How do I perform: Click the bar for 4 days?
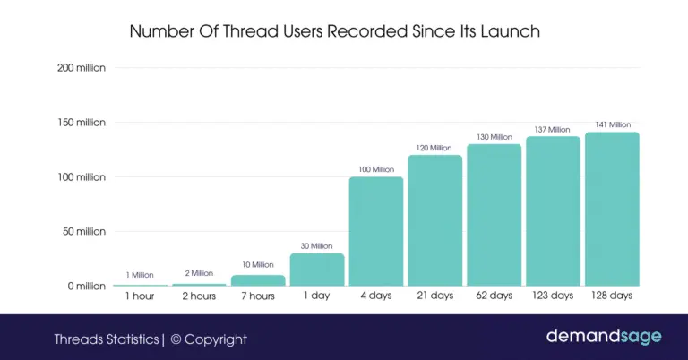pos(375,231)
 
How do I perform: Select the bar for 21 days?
pos(434,220)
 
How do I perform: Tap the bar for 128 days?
pos(612,209)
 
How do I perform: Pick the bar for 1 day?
pos(316,270)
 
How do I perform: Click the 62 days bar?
pos(494,215)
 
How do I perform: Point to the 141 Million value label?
pos(612,124)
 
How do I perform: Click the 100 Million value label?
pos(375,169)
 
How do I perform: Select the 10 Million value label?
pos(257,264)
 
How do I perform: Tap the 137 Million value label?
pos(553,129)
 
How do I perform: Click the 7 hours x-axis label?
pos(257,296)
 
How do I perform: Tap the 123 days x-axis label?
pos(553,296)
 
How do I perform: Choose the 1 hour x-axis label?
pos(140,296)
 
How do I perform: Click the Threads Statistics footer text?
pos(106,339)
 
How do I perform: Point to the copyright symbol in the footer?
pos(176,339)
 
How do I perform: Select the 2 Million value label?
pos(199,273)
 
